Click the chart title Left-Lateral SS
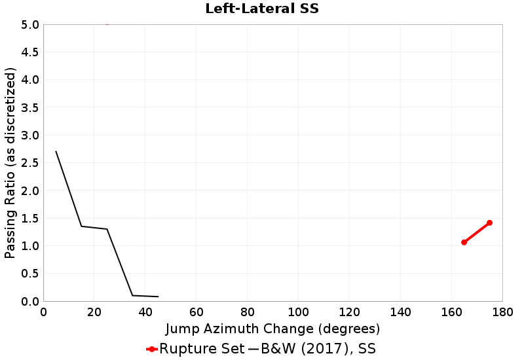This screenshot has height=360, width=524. (x=262, y=9)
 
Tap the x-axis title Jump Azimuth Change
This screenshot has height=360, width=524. (x=272, y=328)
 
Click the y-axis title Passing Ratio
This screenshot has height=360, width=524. (x=10, y=163)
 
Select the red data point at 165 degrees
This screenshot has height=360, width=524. (x=464, y=242)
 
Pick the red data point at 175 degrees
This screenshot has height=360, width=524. (x=489, y=223)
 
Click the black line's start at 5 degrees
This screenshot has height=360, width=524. (x=56, y=152)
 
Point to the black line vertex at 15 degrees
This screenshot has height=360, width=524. (x=82, y=226)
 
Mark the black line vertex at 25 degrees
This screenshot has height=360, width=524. (x=107, y=229)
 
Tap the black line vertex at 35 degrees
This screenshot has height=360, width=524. (x=132, y=295)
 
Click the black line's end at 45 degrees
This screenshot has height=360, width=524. (x=158, y=297)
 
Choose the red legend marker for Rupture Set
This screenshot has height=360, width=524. (x=151, y=349)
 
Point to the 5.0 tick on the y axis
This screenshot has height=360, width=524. (x=30, y=25)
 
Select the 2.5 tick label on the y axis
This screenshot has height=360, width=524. (x=30, y=163)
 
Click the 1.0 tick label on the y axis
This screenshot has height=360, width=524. (x=30, y=246)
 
